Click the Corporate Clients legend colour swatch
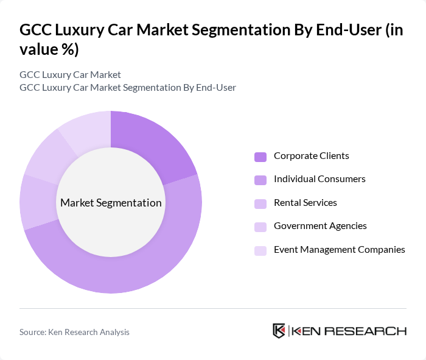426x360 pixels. pos(260,157)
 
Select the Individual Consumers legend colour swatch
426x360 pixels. pos(260,180)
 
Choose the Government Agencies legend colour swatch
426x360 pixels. pos(260,227)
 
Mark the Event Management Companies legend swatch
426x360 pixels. pos(260,250)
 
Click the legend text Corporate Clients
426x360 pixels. pos(311,156)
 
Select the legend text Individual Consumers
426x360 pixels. pos(319,179)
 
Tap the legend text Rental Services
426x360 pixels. pos(305,203)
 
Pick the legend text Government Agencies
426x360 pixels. pos(320,226)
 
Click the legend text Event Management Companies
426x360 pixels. pos(339,250)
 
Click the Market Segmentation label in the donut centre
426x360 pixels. pos(111,203)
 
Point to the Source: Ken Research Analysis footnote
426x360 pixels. pos(74,332)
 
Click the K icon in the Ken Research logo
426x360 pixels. pos(279,331)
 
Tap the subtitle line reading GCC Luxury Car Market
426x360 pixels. pos(70,74)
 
